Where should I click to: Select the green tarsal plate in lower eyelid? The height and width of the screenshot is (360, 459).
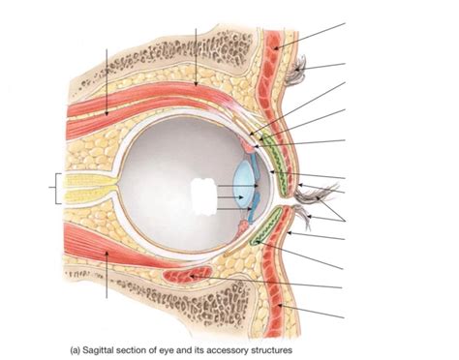coord(263,230)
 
